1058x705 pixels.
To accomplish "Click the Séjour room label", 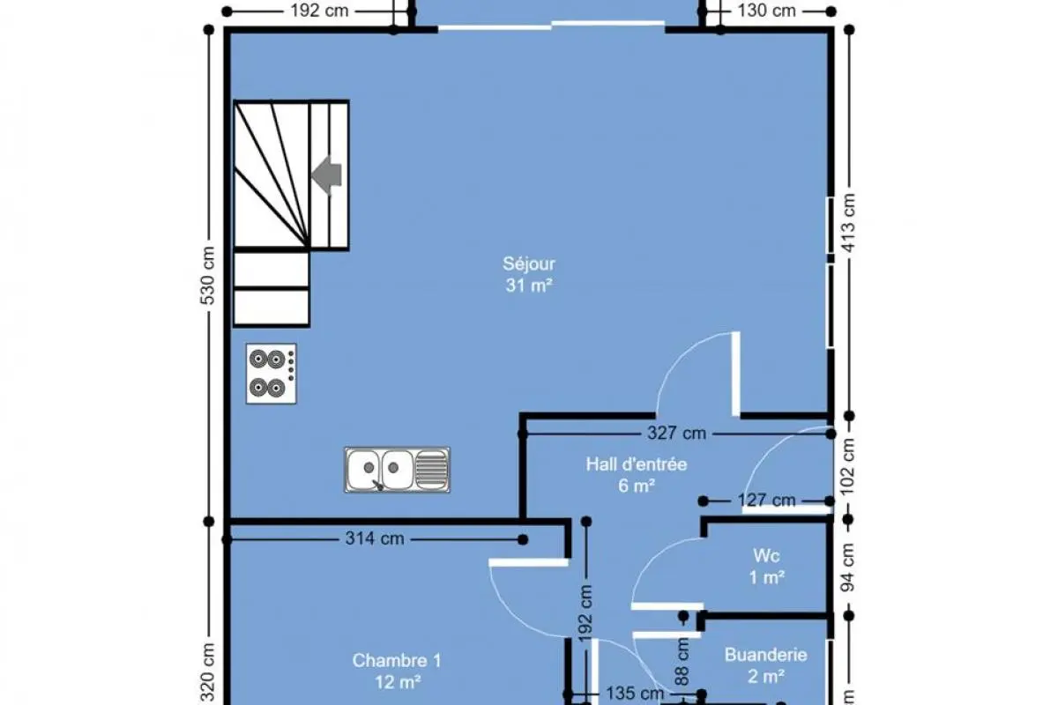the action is tap(528, 263).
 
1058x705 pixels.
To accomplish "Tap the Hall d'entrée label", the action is tap(637, 464).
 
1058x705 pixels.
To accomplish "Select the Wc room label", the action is tap(766, 556).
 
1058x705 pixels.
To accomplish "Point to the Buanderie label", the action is tap(765, 655).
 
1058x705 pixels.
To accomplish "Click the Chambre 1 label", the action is tap(397, 660).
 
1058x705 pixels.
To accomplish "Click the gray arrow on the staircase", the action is tap(326, 175).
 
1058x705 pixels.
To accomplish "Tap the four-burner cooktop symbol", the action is tap(272, 374).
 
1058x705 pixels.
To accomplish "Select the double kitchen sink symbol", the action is tap(398, 470).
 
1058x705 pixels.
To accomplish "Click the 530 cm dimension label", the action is tap(208, 276).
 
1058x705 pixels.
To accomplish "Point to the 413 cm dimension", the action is tap(849, 223).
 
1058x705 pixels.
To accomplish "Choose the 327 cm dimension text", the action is tap(676, 433).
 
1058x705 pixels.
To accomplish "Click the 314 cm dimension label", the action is tap(375, 538).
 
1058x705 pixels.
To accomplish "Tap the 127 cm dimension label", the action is tap(766, 500).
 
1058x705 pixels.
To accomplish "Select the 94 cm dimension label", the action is tap(848, 568).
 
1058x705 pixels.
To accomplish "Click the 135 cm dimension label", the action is tap(635, 694).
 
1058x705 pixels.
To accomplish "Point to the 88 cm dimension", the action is tap(682, 662).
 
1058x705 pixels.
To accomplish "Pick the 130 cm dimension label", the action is tap(766, 11).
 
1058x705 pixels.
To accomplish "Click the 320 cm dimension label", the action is tap(208, 673).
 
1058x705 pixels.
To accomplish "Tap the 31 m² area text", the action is tap(529, 286).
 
